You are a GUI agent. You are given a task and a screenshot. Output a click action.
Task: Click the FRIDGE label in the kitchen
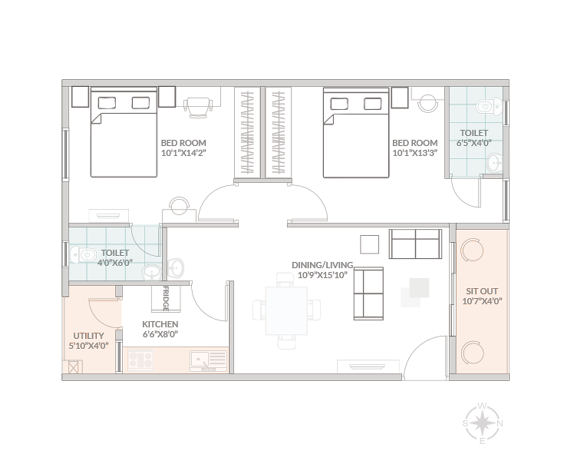click(166, 299)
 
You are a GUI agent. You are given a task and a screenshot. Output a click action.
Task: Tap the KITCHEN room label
click(160, 324)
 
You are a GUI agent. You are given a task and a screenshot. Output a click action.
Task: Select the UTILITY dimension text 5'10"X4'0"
click(89, 346)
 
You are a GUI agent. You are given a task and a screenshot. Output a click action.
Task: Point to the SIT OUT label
click(482, 291)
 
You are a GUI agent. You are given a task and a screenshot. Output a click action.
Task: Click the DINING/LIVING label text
click(323, 265)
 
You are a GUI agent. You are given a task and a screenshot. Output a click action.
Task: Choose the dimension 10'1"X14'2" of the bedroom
click(184, 153)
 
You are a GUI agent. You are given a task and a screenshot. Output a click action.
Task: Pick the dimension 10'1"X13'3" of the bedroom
click(415, 153)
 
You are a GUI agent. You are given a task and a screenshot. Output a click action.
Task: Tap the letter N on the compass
click(500, 424)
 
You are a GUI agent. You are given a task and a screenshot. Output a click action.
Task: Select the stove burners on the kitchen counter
click(140, 360)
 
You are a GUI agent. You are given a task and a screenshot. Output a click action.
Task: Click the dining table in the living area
click(286, 311)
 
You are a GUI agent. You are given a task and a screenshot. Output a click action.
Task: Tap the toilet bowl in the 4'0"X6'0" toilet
click(83, 255)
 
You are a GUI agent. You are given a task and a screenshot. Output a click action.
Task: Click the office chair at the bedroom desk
click(198, 107)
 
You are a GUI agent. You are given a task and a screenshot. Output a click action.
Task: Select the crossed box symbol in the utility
click(73, 368)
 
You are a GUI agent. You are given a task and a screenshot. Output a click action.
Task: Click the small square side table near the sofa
click(369, 244)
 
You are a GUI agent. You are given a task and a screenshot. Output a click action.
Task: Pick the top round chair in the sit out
click(472, 250)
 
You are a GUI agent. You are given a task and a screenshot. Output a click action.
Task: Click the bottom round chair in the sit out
click(472, 352)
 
